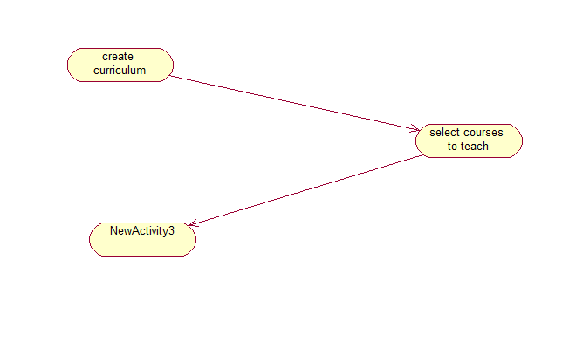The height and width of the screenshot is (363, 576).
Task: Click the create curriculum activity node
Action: (x=120, y=65)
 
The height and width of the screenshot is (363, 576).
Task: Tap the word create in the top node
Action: (x=118, y=58)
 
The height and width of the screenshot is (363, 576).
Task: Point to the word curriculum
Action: (x=120, y=71)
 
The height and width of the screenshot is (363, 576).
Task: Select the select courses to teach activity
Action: (x=469, y=140)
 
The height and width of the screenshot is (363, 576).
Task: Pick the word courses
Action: (x=484, y=134)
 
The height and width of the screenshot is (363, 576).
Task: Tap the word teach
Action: (x=476, y=147)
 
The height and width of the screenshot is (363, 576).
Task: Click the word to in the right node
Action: (x=453, y=147)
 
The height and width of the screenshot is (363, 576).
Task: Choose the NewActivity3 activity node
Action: (x=142, y=239)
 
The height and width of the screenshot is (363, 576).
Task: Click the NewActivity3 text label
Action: (x=142, y=231)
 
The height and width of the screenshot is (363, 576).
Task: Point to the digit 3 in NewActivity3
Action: (x=171, y=231)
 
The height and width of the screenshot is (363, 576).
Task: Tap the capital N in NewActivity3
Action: (x=114, y=231)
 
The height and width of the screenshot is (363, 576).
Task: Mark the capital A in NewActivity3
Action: (x=137, y=231)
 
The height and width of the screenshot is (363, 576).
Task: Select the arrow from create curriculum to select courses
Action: (x=295, y=103)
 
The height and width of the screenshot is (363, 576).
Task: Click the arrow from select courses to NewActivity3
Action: (x=305, y=191)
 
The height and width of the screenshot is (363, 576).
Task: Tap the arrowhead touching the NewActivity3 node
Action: (x=192, y=224)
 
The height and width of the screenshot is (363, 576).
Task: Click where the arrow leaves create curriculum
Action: (x=171, y=76)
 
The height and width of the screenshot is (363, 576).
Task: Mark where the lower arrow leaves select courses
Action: (x=422, y=156)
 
